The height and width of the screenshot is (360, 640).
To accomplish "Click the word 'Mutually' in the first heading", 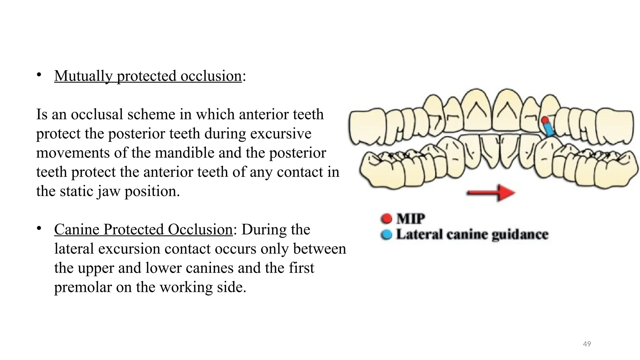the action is (83, 76).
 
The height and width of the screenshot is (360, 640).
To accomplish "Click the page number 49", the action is (587, 344).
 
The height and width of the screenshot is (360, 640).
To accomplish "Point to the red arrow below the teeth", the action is (491, 193).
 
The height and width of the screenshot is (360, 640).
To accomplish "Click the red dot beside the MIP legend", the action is (387, 218).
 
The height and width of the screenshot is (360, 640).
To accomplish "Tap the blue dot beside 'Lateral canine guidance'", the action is (387, 235).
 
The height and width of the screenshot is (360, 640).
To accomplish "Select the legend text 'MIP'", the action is (411, 218).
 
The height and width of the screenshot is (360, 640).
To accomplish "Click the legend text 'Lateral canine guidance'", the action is (472, 235).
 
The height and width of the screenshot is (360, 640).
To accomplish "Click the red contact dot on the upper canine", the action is (545, 120).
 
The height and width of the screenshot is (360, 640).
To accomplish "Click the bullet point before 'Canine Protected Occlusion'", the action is (39, 228).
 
